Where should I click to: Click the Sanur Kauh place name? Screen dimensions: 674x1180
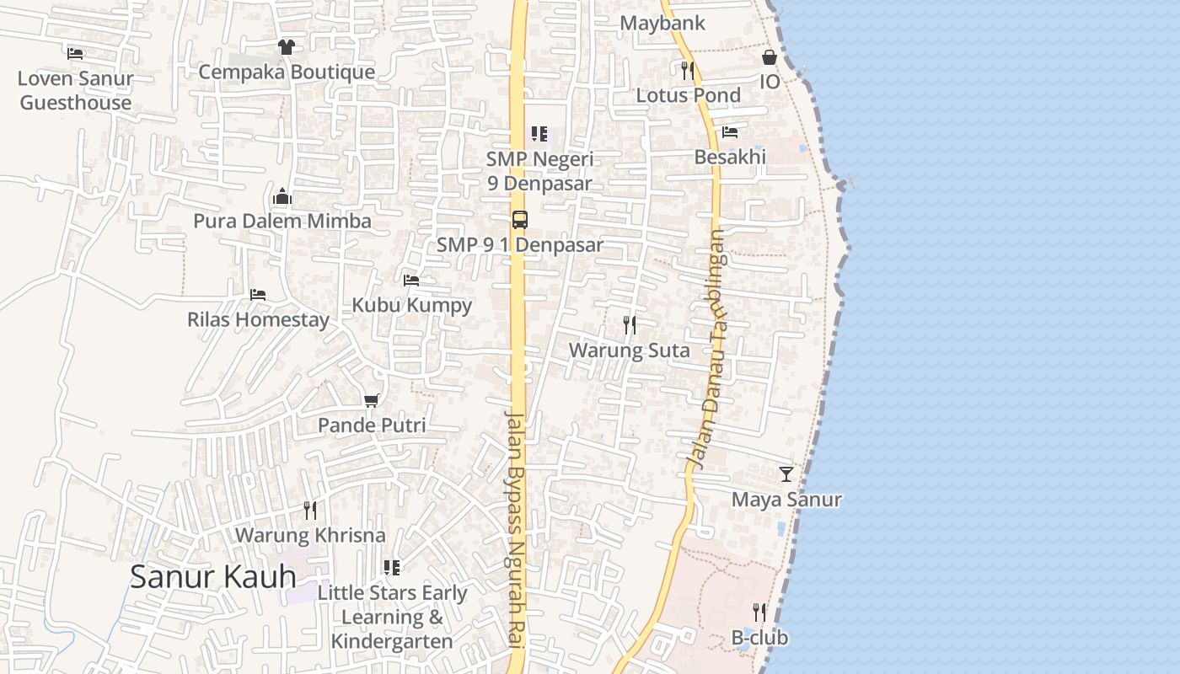[x=212, y=576]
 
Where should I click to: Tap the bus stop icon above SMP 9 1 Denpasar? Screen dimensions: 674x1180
[x=520, y=220]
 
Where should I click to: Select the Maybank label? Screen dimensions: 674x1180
[x=662, y=24]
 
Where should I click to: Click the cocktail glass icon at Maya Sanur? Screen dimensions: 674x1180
[x=786, y=474]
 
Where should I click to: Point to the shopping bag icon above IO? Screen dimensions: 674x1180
[x=770, y=57]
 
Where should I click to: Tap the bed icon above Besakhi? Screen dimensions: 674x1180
[x=730, y=132]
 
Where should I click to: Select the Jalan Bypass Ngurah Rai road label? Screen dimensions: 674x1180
[x=516, y=529]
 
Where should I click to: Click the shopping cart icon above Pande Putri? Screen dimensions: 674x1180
[x=372, y=400]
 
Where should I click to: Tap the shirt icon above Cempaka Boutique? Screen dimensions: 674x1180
[x=287, y=47]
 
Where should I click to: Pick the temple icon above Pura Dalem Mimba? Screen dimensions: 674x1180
[x=282, y=197]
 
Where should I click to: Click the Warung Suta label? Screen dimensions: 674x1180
[x=629, y=350]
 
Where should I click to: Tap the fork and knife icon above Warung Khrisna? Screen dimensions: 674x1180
[x=310, y=510]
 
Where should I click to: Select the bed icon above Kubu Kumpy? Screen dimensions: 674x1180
[x=411, y=280]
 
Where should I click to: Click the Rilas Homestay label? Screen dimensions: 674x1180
[x=258, y=320]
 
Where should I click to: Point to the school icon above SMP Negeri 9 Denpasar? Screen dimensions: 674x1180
[x=539, y=134]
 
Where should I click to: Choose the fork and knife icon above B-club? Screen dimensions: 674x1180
[x=759, y=612]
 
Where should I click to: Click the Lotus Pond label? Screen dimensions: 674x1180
[x=688, y=95]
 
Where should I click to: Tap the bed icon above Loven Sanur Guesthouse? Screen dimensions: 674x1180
[x=76, y=54]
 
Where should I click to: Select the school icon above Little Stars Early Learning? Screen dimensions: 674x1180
[x=392, y=568]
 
